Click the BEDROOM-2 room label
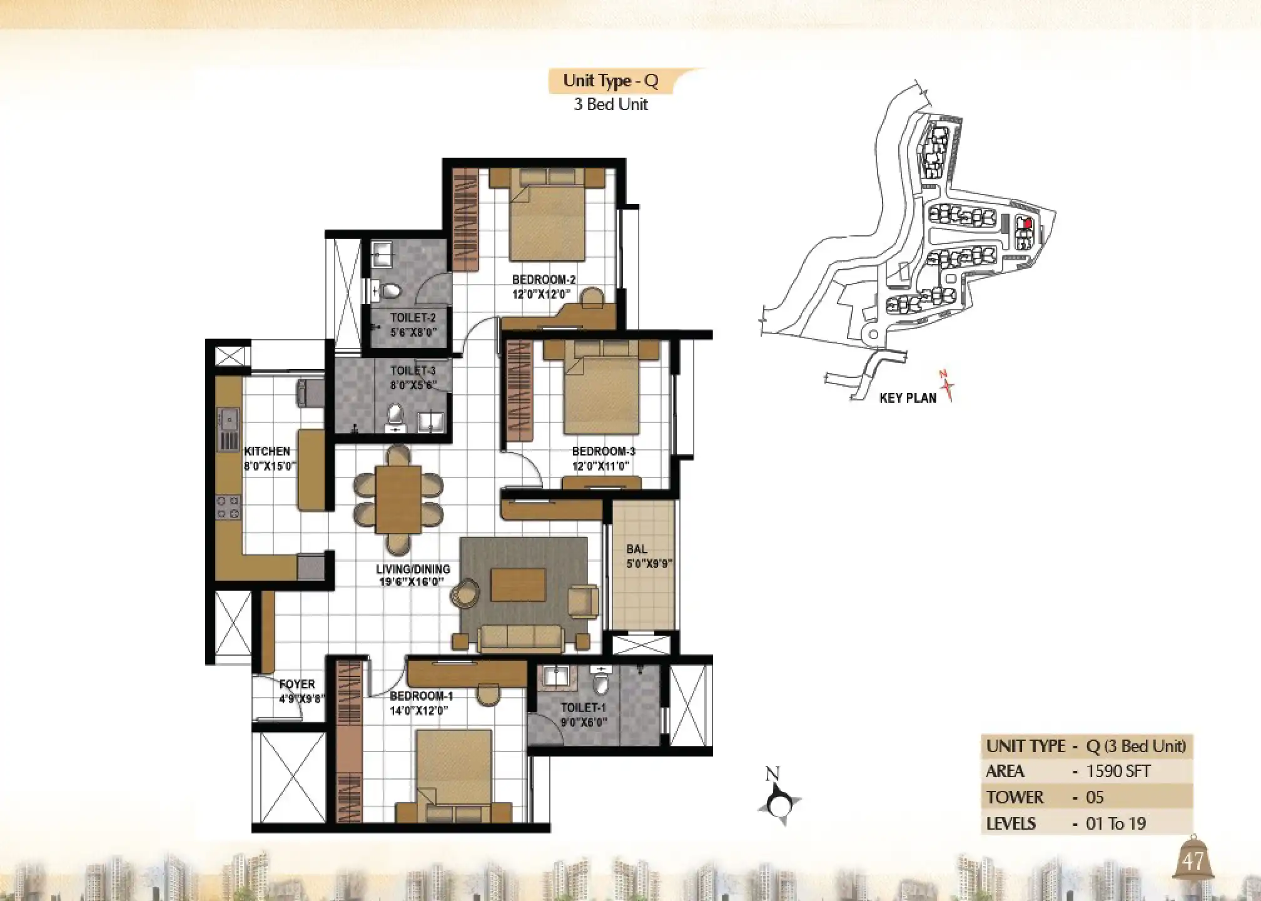point(544,280)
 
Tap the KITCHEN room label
point(267,451)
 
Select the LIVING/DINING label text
point(413,569)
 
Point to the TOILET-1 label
point(583,708)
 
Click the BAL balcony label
point(637,549)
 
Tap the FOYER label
point(297,684)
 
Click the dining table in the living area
point(398,499)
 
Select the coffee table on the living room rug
point(518,584)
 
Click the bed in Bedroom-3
point(602,388)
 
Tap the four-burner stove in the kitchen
point(228,507)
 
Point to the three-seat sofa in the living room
point(521,639)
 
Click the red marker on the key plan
point(1027,223)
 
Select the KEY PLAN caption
point(908,398)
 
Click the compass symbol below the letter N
point(779,804)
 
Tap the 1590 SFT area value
point(1118,771)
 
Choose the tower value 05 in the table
point(1095,797)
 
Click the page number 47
point(1193,862)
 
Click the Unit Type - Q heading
point(610,81)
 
